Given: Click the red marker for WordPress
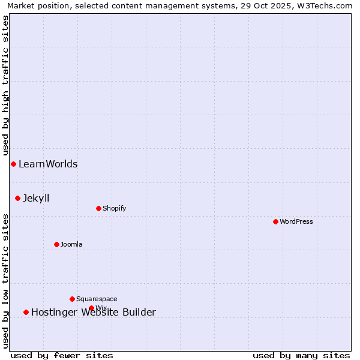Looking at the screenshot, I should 275,221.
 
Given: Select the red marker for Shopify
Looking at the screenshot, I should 98,208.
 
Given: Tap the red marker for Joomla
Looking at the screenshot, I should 56,244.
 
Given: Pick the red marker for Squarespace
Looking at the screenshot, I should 72,299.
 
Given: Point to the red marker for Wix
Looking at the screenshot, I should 91,308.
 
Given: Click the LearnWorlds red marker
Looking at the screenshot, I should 13,164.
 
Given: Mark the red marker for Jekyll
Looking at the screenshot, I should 17,198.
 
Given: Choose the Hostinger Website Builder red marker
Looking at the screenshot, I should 26,312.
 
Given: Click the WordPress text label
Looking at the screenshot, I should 296,221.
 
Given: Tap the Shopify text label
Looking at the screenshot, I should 114,208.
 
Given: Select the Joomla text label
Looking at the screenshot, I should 71,244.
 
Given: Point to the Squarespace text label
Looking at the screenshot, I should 97,299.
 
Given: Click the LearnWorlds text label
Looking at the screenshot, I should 48,164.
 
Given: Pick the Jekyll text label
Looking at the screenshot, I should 36,198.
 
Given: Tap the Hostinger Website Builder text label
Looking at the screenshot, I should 94,312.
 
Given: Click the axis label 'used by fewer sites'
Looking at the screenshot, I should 62,355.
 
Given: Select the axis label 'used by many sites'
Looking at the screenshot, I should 301,355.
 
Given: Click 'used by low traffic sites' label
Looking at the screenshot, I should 5,281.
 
